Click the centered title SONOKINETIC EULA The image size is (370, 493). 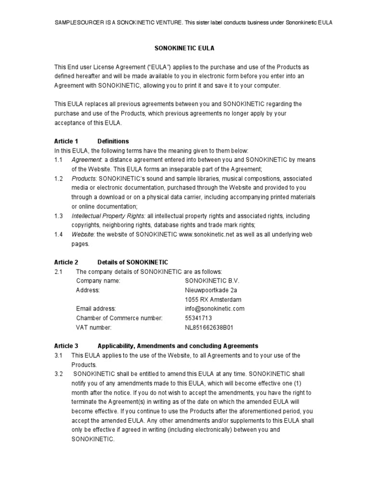click(184, 49)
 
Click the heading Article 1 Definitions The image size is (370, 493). click(92, 141)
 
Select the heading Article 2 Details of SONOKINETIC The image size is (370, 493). click(111, 262)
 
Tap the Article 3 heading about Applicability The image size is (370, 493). click(156, 346)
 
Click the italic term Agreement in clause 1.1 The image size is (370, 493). click(86, 159)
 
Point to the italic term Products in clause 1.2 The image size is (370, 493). click(84, 178)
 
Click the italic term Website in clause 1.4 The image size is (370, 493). click(82, 234)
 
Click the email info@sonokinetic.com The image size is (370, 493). click(215, 309)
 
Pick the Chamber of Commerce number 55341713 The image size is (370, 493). click(198, 318)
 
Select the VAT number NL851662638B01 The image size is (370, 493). click(209, 327)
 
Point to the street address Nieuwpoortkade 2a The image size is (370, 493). click(211, 290)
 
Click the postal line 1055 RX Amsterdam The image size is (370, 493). click(213, 299)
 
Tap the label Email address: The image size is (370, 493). click(96, 309)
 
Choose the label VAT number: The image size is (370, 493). click(93, 327)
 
